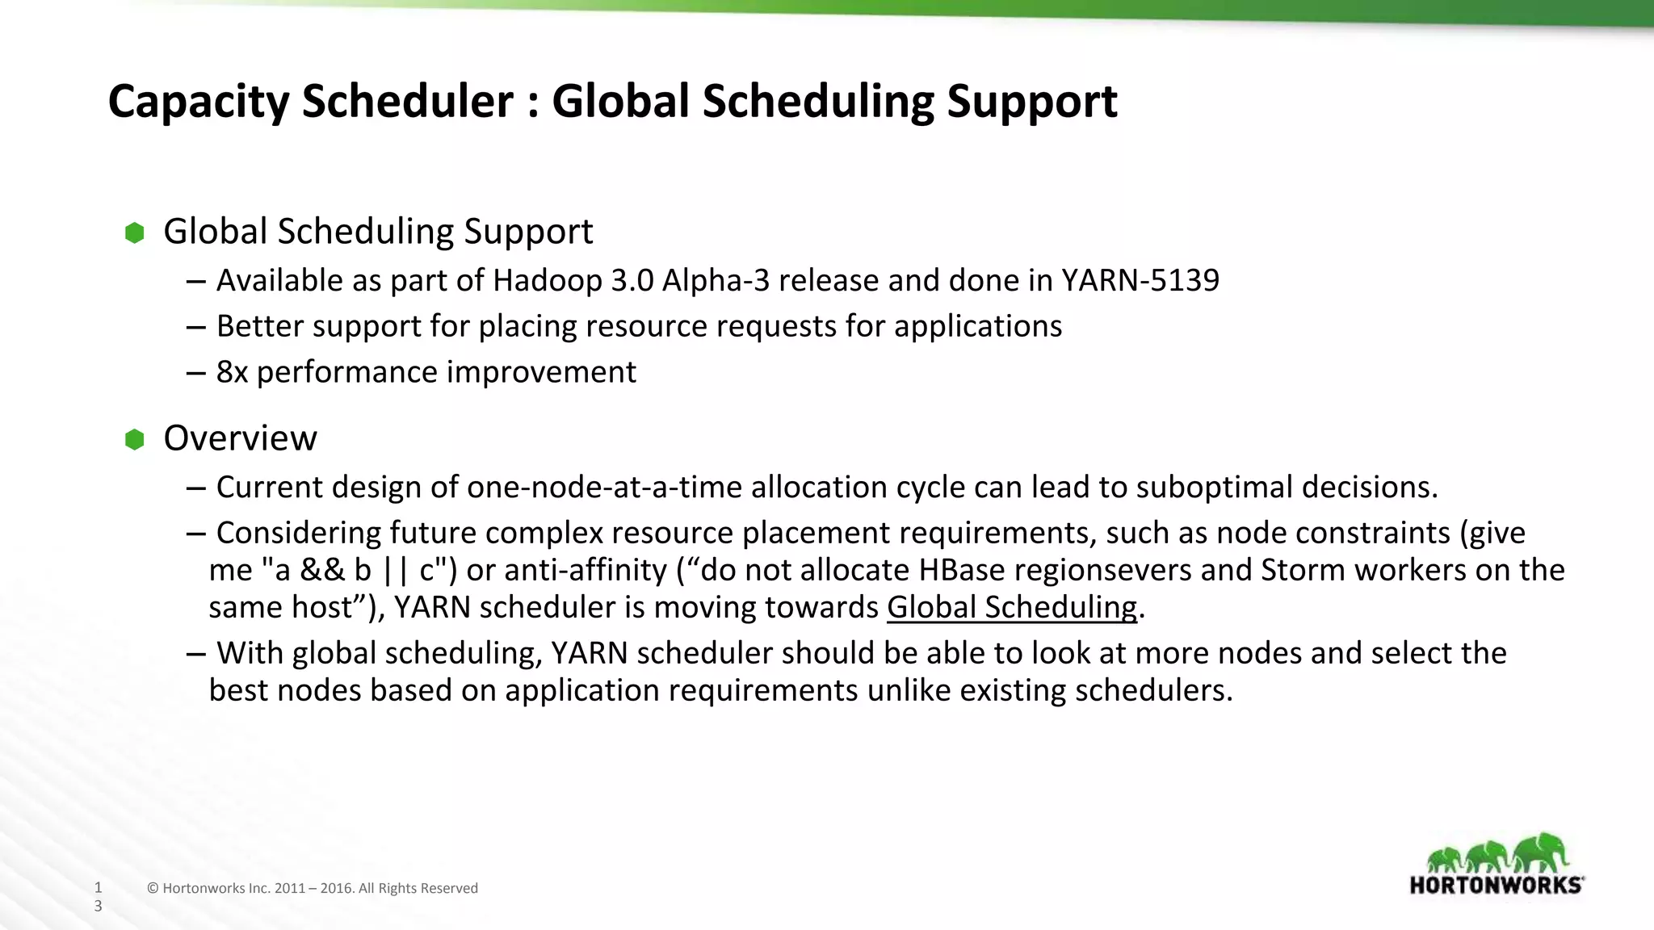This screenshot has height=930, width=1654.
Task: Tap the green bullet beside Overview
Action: pos(135,440)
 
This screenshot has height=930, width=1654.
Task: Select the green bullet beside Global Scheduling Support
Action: pos(135,233)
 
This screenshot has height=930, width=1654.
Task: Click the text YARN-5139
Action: pos(1140,280)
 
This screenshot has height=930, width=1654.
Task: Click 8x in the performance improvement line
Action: pos(232,372)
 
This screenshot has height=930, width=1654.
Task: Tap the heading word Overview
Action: pos(240,438)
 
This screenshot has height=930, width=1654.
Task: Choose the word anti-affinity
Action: pos(566,570)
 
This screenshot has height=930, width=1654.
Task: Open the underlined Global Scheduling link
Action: pos(1011,607)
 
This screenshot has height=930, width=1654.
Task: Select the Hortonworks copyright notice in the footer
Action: pos(313,888)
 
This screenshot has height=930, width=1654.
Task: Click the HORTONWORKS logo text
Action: pos(1496,885)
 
